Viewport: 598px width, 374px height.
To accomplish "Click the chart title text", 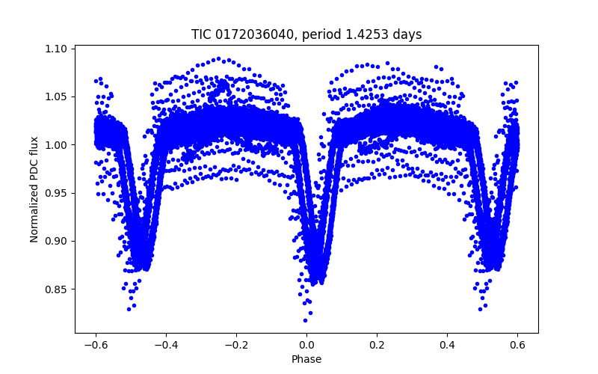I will [306, 34].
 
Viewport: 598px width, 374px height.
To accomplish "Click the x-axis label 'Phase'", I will [306, 359].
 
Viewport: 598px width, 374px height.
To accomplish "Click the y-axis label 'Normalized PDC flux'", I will [34, 190].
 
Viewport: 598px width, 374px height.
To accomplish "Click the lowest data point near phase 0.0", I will [305, 320].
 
